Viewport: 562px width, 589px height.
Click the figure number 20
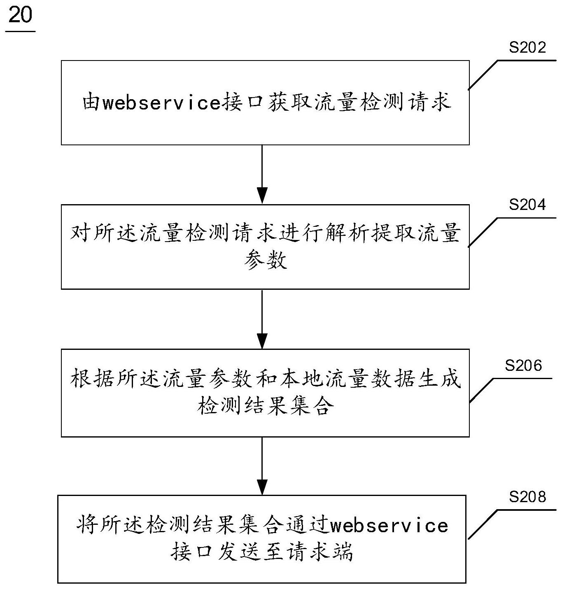[20, 16]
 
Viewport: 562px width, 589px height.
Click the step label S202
[527, 48]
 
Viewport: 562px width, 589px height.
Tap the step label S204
[527, 205]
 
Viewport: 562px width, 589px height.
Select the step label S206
[523, 365]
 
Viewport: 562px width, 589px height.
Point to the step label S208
[527, 497]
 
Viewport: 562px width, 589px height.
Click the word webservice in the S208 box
[389, 526]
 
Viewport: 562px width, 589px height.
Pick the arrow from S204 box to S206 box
[262, 319]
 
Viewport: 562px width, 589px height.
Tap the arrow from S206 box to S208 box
[262, 466]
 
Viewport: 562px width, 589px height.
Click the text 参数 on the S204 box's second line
[265, 260]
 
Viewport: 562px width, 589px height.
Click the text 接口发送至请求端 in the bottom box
[262, 552]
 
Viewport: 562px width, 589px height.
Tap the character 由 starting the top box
[91, 102]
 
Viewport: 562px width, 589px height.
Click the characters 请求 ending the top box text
[430, 102]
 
